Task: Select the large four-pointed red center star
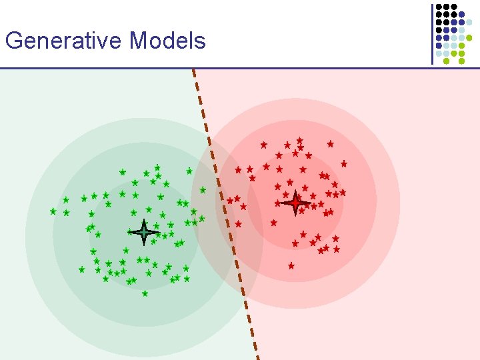[x=295, y=203]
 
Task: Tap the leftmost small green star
[x=53, y=211]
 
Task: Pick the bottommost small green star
[x=145, y=293]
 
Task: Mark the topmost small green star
[x=157, y=167]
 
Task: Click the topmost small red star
[x=300, y=140]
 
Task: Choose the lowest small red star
[x=291, y=265]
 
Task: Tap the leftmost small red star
[x=230, y=201]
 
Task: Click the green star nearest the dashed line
[x=203, y=190]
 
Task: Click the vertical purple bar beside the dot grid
[x=432, y=33]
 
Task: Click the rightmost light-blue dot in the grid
[x=469, y=22]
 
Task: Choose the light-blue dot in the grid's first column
[x=439, y=53]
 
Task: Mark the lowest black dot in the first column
[x=439, y=29]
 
